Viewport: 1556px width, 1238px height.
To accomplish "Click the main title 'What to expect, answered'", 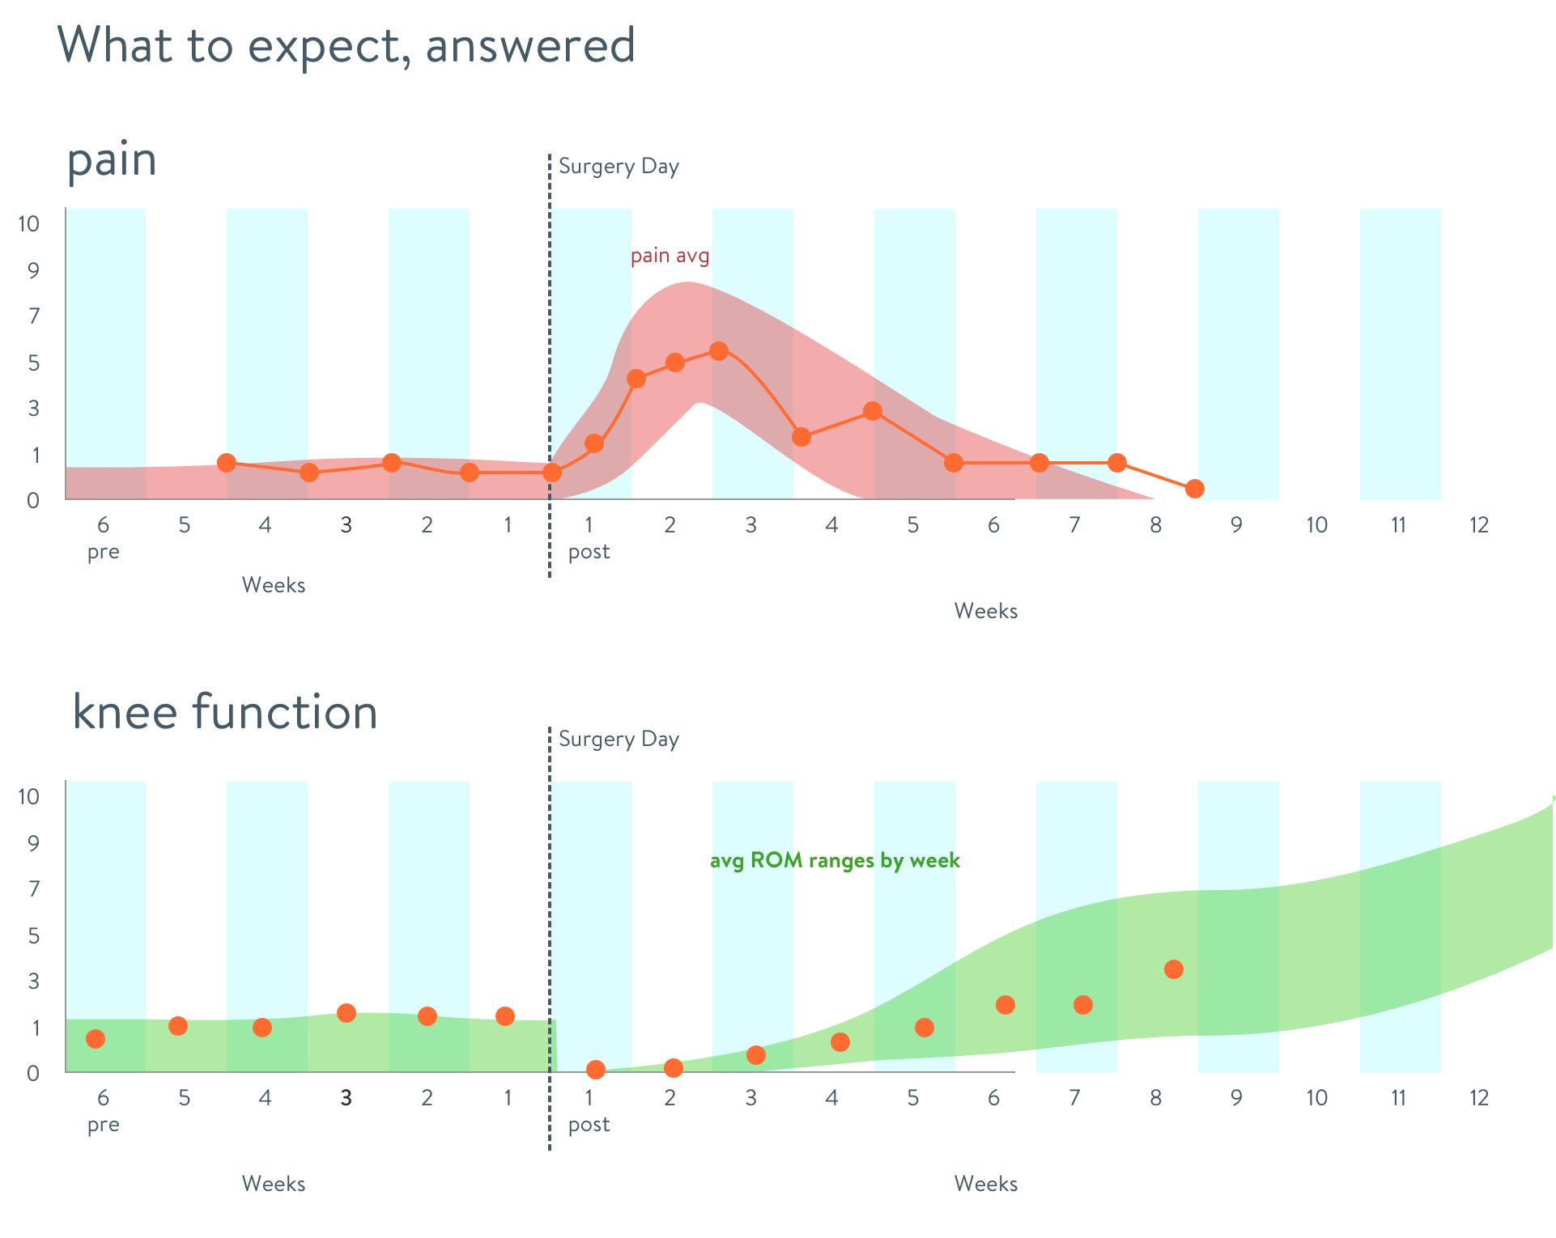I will click(346, 45).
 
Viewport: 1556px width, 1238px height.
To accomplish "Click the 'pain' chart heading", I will click(112, 159).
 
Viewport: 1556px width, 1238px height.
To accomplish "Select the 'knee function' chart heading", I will click(225, 712).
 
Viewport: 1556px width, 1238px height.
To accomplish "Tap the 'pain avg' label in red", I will click(670, 256).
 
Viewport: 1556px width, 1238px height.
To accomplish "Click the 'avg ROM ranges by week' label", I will click(835, 860).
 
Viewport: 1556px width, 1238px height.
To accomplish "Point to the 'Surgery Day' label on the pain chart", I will click(619, 167).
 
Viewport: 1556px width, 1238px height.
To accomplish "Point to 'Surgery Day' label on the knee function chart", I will click(619, 740).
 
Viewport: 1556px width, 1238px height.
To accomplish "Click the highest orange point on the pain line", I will click(718, 350).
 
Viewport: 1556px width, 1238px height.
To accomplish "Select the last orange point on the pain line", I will click(1194, 489).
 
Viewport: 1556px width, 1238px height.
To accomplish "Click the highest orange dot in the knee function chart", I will click(1173, 969).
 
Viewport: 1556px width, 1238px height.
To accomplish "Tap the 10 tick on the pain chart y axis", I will click(29, 224).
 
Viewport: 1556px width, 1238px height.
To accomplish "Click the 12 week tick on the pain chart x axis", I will click(1479, 525).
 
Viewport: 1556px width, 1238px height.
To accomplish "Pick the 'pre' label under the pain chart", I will click(104, 552).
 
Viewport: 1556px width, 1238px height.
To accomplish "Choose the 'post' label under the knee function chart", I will click(589, 1125).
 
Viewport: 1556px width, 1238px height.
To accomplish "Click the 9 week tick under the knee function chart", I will click(1236, 1098).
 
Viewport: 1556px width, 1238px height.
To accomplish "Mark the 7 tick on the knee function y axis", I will click(33, 889).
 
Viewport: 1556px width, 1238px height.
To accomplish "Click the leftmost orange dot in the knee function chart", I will click(96, 1039).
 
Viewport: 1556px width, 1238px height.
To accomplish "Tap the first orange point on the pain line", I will click(227, 463).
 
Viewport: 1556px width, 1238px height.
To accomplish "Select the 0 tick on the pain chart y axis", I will click(33, 500).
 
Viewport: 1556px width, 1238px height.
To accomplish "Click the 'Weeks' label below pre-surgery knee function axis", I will click(274, 1184).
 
